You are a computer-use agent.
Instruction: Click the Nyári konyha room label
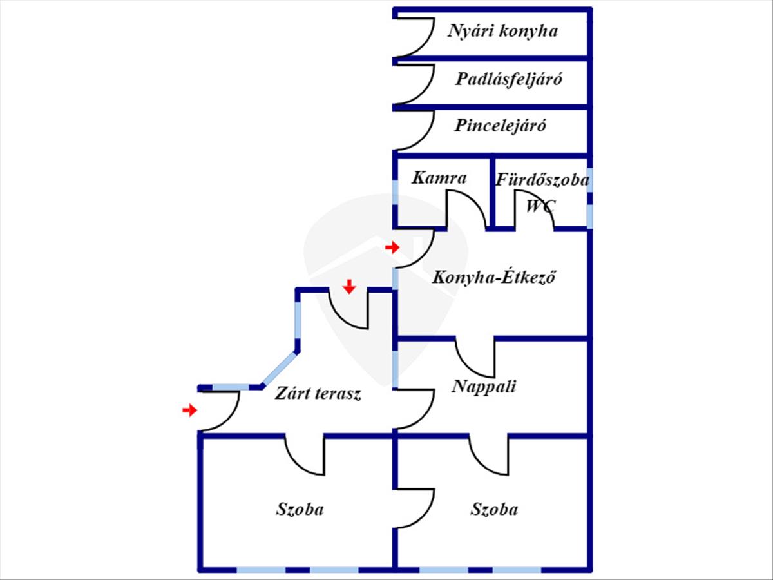pyautogui.click(x=502, y=31)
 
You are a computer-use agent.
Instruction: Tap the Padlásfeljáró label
pyautogui.click(x=509, y=79)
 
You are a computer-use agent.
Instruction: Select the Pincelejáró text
pyautogui.click(x=501, y=126)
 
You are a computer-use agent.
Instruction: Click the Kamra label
pyautogui.click(x=439, y=177)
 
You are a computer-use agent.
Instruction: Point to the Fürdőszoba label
pyautogui.click(x=542, y=180)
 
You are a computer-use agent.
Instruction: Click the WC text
pyautogui.click(x=540, y=207)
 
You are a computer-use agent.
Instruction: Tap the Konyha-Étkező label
pyautogui.click(x=494, y=278)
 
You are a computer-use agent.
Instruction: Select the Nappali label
pyautogui.click(x=484, y=387)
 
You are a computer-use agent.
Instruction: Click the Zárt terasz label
pyautogui.click(x=318, y=394)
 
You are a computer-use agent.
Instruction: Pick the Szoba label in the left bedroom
pyautogui.click(x=300, y=509)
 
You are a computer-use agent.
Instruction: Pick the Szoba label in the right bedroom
pyautogui.click(x=494, y=509)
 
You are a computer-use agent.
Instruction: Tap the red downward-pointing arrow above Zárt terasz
pyautogui.click(x=348, y=286)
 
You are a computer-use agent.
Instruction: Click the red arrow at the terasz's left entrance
pyautogui.click(x=189, y=410)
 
